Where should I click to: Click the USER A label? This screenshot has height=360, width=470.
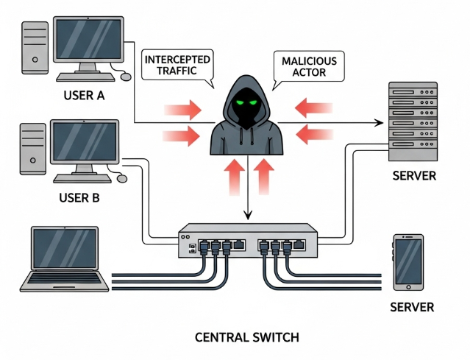[x=85, y=95]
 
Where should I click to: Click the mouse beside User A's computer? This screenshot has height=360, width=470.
[x=126, y=76]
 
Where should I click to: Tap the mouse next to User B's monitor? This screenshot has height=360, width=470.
[x=121, y=178]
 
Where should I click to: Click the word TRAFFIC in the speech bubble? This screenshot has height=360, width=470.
[x=177, y=71]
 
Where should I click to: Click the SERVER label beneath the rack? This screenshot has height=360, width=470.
[x=414, y=177]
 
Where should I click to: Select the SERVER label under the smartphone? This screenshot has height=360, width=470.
[x=412, y=306]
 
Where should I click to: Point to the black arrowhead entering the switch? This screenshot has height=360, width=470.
[x=248, y=216]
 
